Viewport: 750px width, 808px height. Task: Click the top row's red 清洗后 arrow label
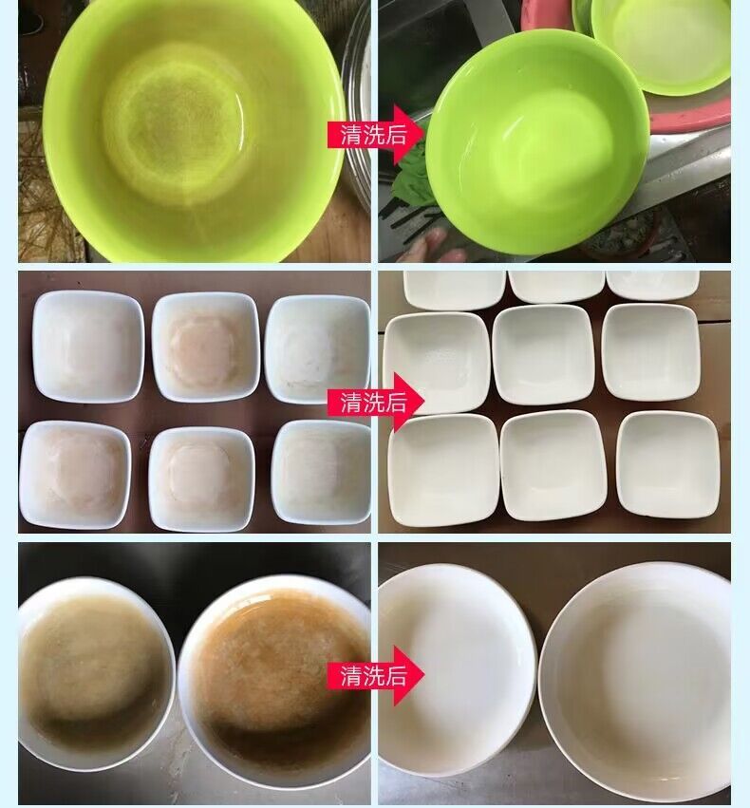click(x=375, y=135)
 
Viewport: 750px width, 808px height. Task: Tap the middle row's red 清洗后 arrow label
click(x=375, y=402)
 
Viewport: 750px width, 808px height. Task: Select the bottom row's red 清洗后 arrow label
click(x=375, y=675)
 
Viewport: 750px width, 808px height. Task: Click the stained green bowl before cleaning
click(x=195, y=129)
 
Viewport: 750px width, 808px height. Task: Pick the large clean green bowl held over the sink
click(x=537, y=142)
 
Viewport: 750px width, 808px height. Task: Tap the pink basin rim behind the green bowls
click(x=690, y=114)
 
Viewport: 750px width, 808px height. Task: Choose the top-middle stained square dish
click(x=206, y=347)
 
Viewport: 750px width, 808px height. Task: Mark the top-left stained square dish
click(x=88, y=346)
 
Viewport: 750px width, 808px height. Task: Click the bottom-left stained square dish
click(x=75, y=475)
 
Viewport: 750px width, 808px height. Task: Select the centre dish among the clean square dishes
click(x=544, y=355)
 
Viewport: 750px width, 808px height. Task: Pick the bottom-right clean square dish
click(x=667, y=464)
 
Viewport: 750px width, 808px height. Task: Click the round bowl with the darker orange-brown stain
click(x=274, y=680)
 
